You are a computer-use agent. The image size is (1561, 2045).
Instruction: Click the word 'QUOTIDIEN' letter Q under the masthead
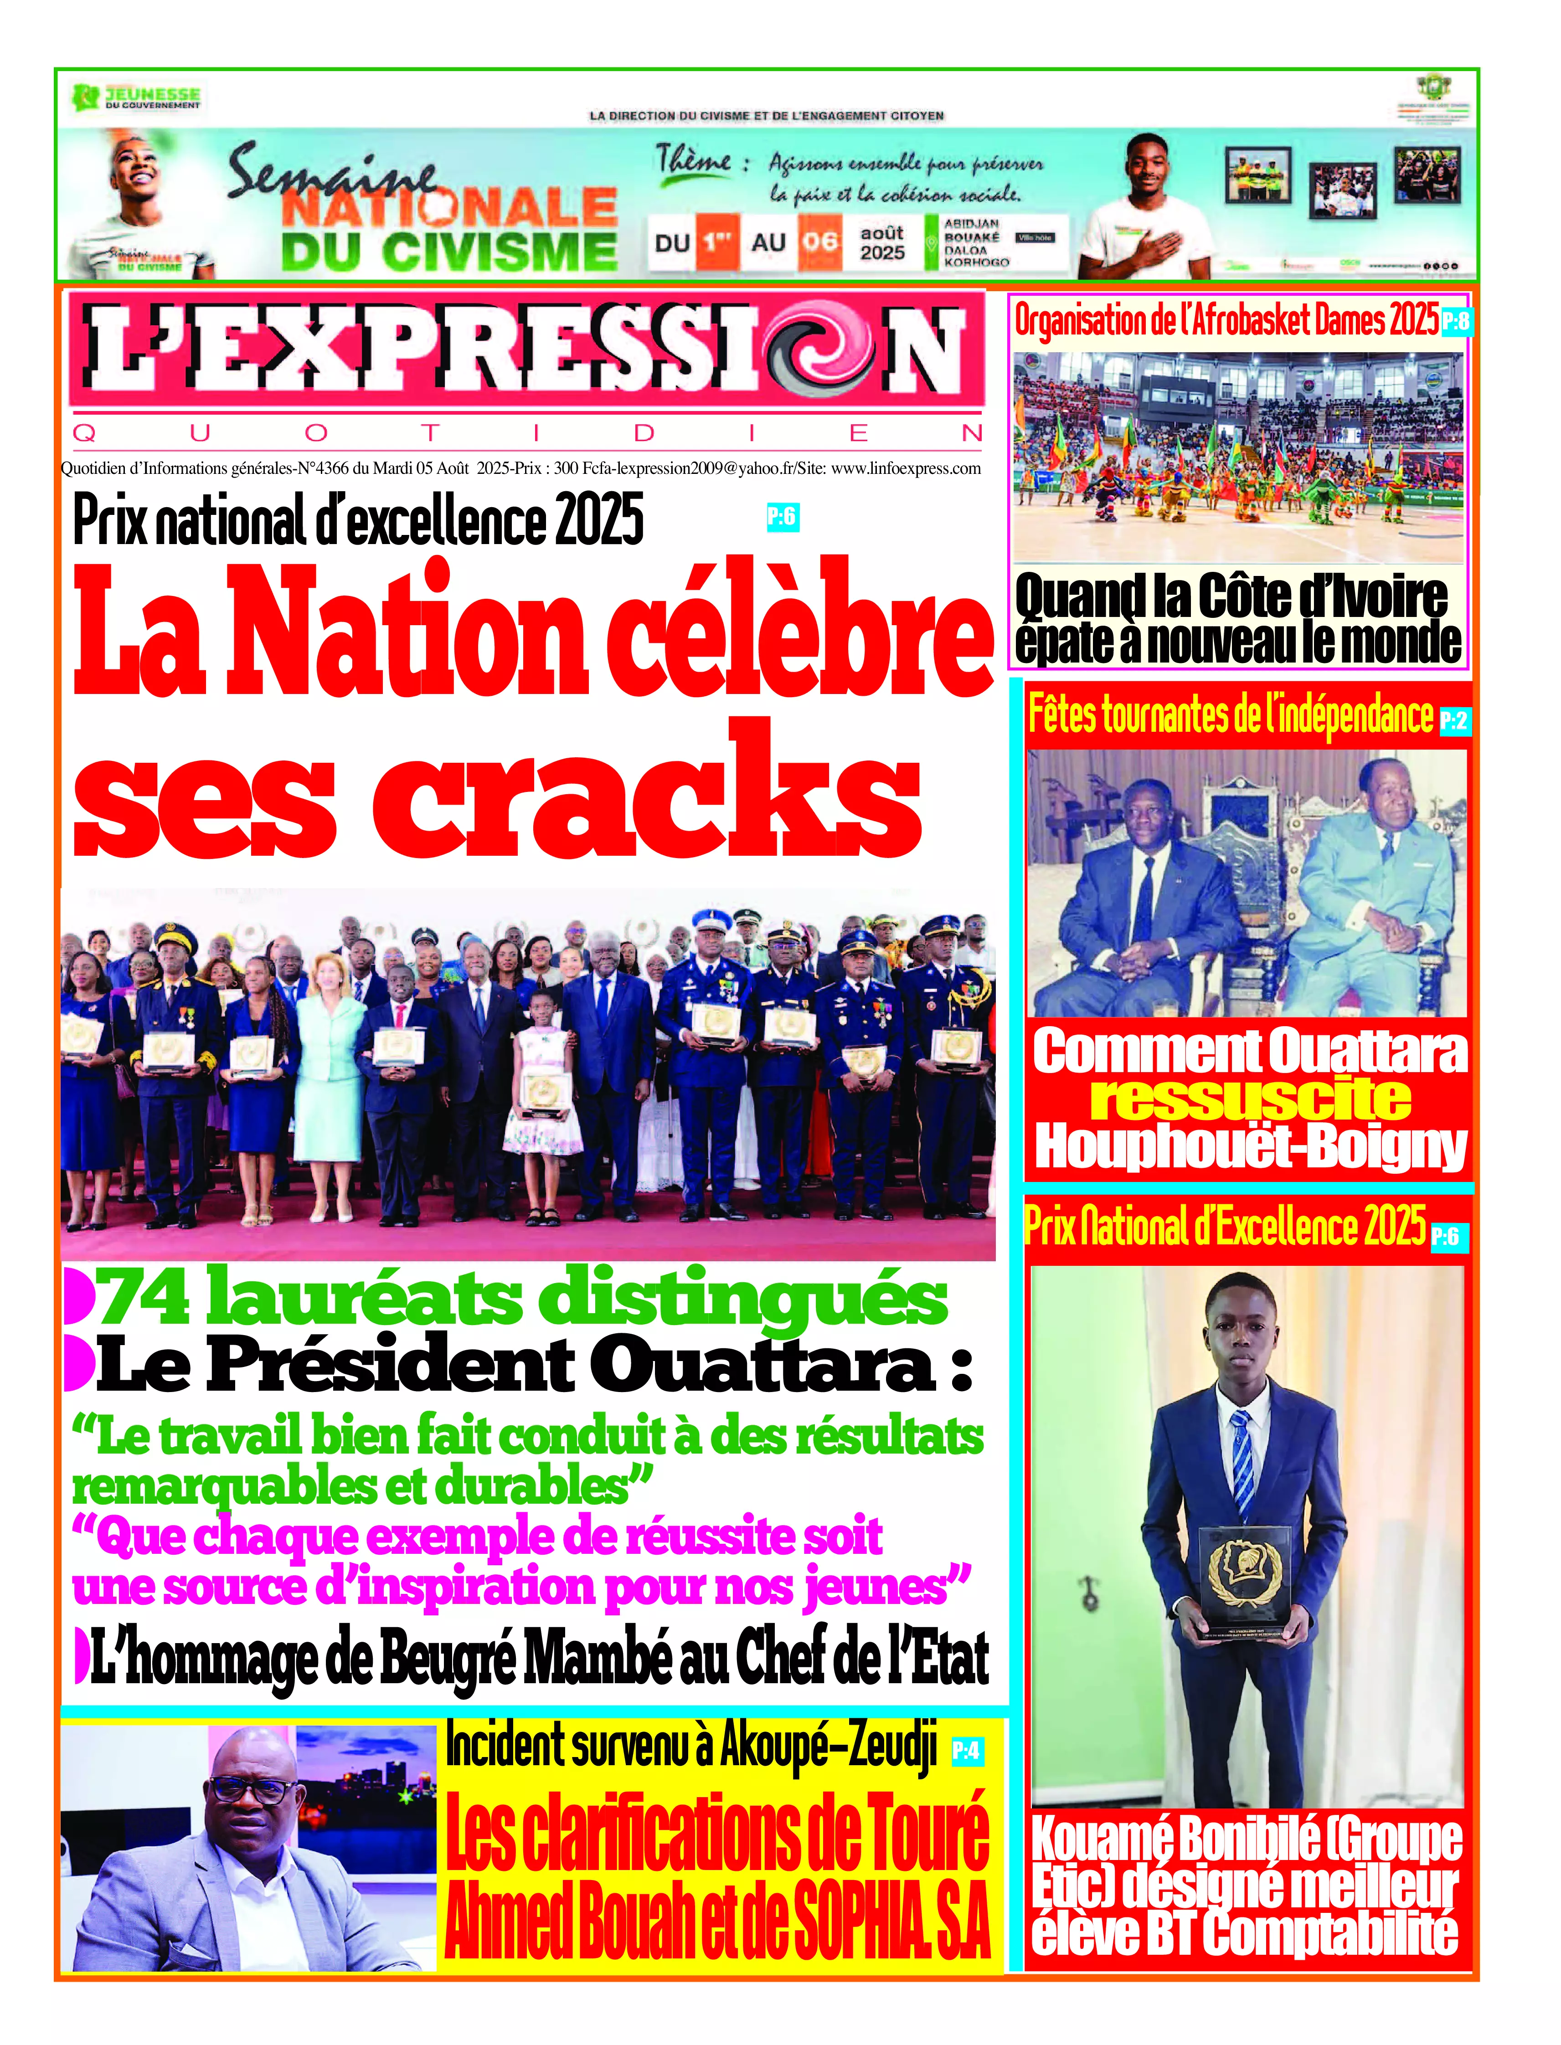[83, 433]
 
